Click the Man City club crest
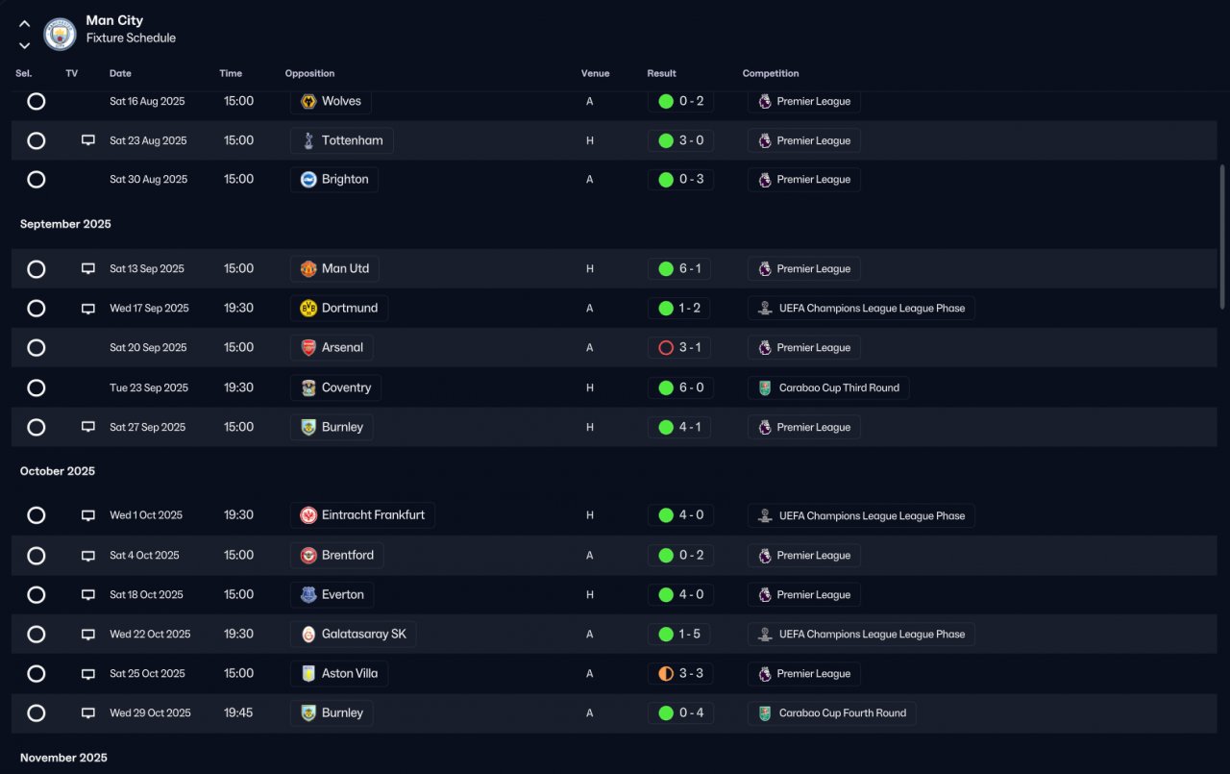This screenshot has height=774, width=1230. (60, 34)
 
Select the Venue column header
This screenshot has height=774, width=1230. (595, 73)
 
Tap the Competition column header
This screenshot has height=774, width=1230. (771, 73)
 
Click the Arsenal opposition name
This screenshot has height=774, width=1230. (342, 347)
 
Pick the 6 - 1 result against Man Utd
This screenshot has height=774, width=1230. (690, 268)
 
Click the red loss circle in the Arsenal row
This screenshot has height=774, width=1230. (666, 348)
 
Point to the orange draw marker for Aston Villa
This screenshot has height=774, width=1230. (666, 673)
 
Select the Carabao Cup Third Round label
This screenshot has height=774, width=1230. (839, 387)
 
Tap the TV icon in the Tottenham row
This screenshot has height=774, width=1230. (87, 140)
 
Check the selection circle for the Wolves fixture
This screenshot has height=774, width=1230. (37, 101)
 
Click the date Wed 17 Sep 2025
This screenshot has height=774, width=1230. (149, 309)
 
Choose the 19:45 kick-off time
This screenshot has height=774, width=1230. (238, 712)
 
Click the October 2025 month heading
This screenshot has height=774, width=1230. (58, 471)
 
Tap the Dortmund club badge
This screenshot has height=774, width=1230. (308, 309)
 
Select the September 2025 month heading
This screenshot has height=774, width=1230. (65, 224)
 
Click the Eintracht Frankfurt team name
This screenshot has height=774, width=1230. (373, 514)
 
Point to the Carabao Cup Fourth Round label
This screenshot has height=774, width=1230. (843, 713)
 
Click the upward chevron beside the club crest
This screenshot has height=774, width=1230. (24, 24)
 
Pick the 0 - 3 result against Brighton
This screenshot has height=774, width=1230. (691, 179)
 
